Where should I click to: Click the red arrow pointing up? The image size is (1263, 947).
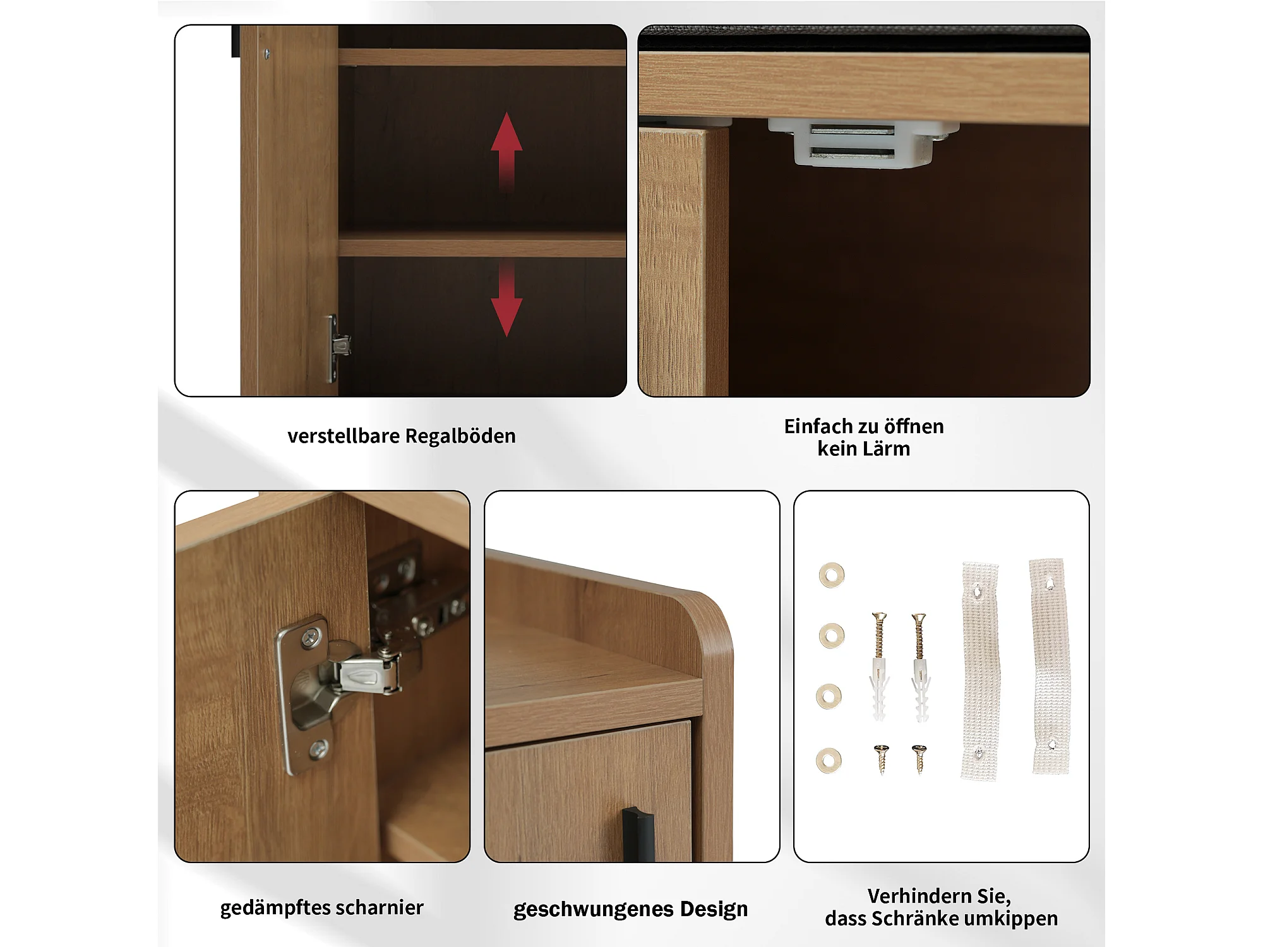[506, 152]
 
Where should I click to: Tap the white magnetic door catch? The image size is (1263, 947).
[863, 143]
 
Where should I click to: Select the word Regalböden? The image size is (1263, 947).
[460, 436]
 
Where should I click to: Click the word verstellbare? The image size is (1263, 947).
[344, 436]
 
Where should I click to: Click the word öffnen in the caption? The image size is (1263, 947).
[913, 427]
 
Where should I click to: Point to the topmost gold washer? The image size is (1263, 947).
[832, 575]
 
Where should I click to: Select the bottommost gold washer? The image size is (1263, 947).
[829, 761]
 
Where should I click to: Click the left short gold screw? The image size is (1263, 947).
[882, 758]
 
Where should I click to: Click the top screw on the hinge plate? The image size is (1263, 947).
[309, 638]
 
